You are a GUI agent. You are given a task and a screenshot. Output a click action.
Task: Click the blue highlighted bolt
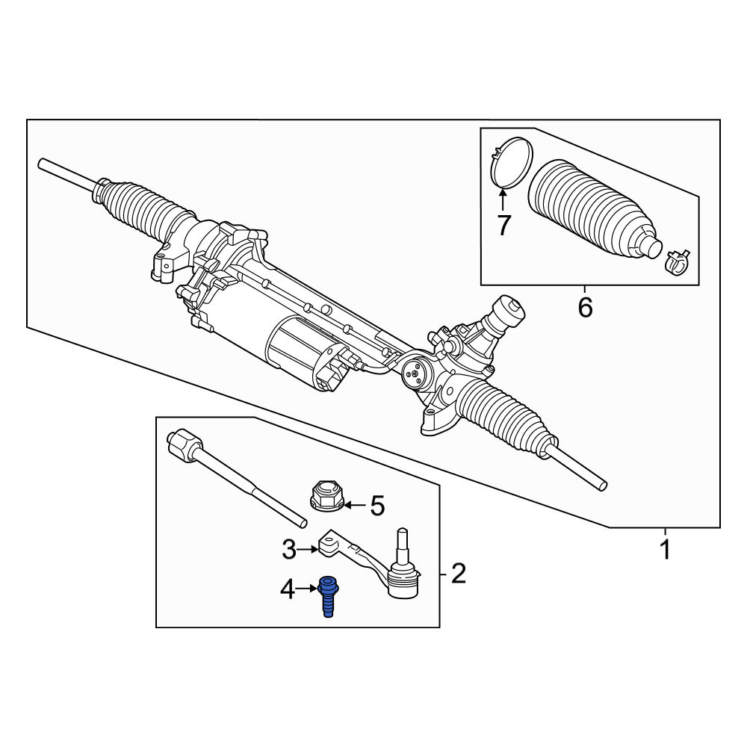click(x=328, y=596)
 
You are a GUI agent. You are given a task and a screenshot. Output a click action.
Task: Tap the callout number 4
click(x=288, y=590)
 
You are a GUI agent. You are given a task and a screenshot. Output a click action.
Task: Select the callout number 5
click(x=377, y=506)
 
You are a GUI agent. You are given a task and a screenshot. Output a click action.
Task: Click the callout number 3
click(x=289, y=550)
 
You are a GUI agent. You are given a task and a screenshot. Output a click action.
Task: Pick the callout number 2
click(x=458, y=574)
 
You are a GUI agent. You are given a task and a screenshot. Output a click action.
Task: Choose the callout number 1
click(x=666, y=550)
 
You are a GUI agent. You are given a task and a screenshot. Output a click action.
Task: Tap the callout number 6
click(x=585, y=308)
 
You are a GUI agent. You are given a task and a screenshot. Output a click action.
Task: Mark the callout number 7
click(x=503, y=226)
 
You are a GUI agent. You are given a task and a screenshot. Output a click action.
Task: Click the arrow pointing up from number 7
click(x=503, y=200)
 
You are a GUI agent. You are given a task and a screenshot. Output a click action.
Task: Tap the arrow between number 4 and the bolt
click(x=307, y=590)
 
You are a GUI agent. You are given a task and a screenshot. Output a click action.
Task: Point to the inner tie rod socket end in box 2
click(x=184, y=444)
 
